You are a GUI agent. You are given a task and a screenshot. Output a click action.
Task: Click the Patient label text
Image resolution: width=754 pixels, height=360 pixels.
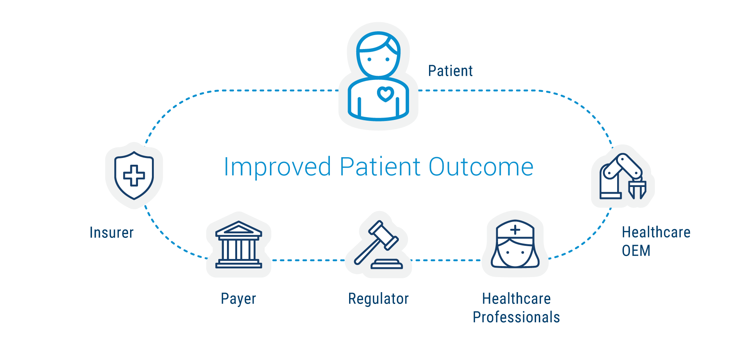click(450, 71)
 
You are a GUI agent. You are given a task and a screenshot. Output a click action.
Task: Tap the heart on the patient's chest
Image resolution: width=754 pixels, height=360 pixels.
click(385, 94)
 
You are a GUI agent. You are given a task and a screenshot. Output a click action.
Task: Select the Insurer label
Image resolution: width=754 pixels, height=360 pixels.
click(112, 233)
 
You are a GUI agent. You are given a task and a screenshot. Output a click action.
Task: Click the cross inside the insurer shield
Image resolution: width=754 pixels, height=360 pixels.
click(134, 175)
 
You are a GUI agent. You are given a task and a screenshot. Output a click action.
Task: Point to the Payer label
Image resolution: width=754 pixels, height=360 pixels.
click(238, 299)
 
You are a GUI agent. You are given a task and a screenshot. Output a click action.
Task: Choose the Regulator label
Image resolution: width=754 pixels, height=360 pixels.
click(379, 299)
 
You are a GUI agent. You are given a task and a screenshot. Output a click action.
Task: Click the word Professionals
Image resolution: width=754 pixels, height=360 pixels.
click(516, 317)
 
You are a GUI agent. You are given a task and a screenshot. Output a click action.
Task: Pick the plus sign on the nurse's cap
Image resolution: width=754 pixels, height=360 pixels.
click(515, 230)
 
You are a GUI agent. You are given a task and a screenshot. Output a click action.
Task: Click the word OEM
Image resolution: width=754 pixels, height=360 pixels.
click(636, 251)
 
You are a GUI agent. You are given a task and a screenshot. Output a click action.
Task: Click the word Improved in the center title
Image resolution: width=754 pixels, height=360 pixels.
click(277, 167)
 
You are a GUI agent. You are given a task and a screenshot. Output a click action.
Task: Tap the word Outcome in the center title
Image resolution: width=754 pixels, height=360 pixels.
click(481, 167)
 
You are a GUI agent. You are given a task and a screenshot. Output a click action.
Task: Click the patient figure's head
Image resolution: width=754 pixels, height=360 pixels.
click(379, 55)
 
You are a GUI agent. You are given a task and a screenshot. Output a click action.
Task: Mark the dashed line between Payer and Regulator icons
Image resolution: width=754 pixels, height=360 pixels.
click(308, 260)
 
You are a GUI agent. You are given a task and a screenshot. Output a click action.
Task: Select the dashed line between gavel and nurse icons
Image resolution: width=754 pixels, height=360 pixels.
click(446, 260)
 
